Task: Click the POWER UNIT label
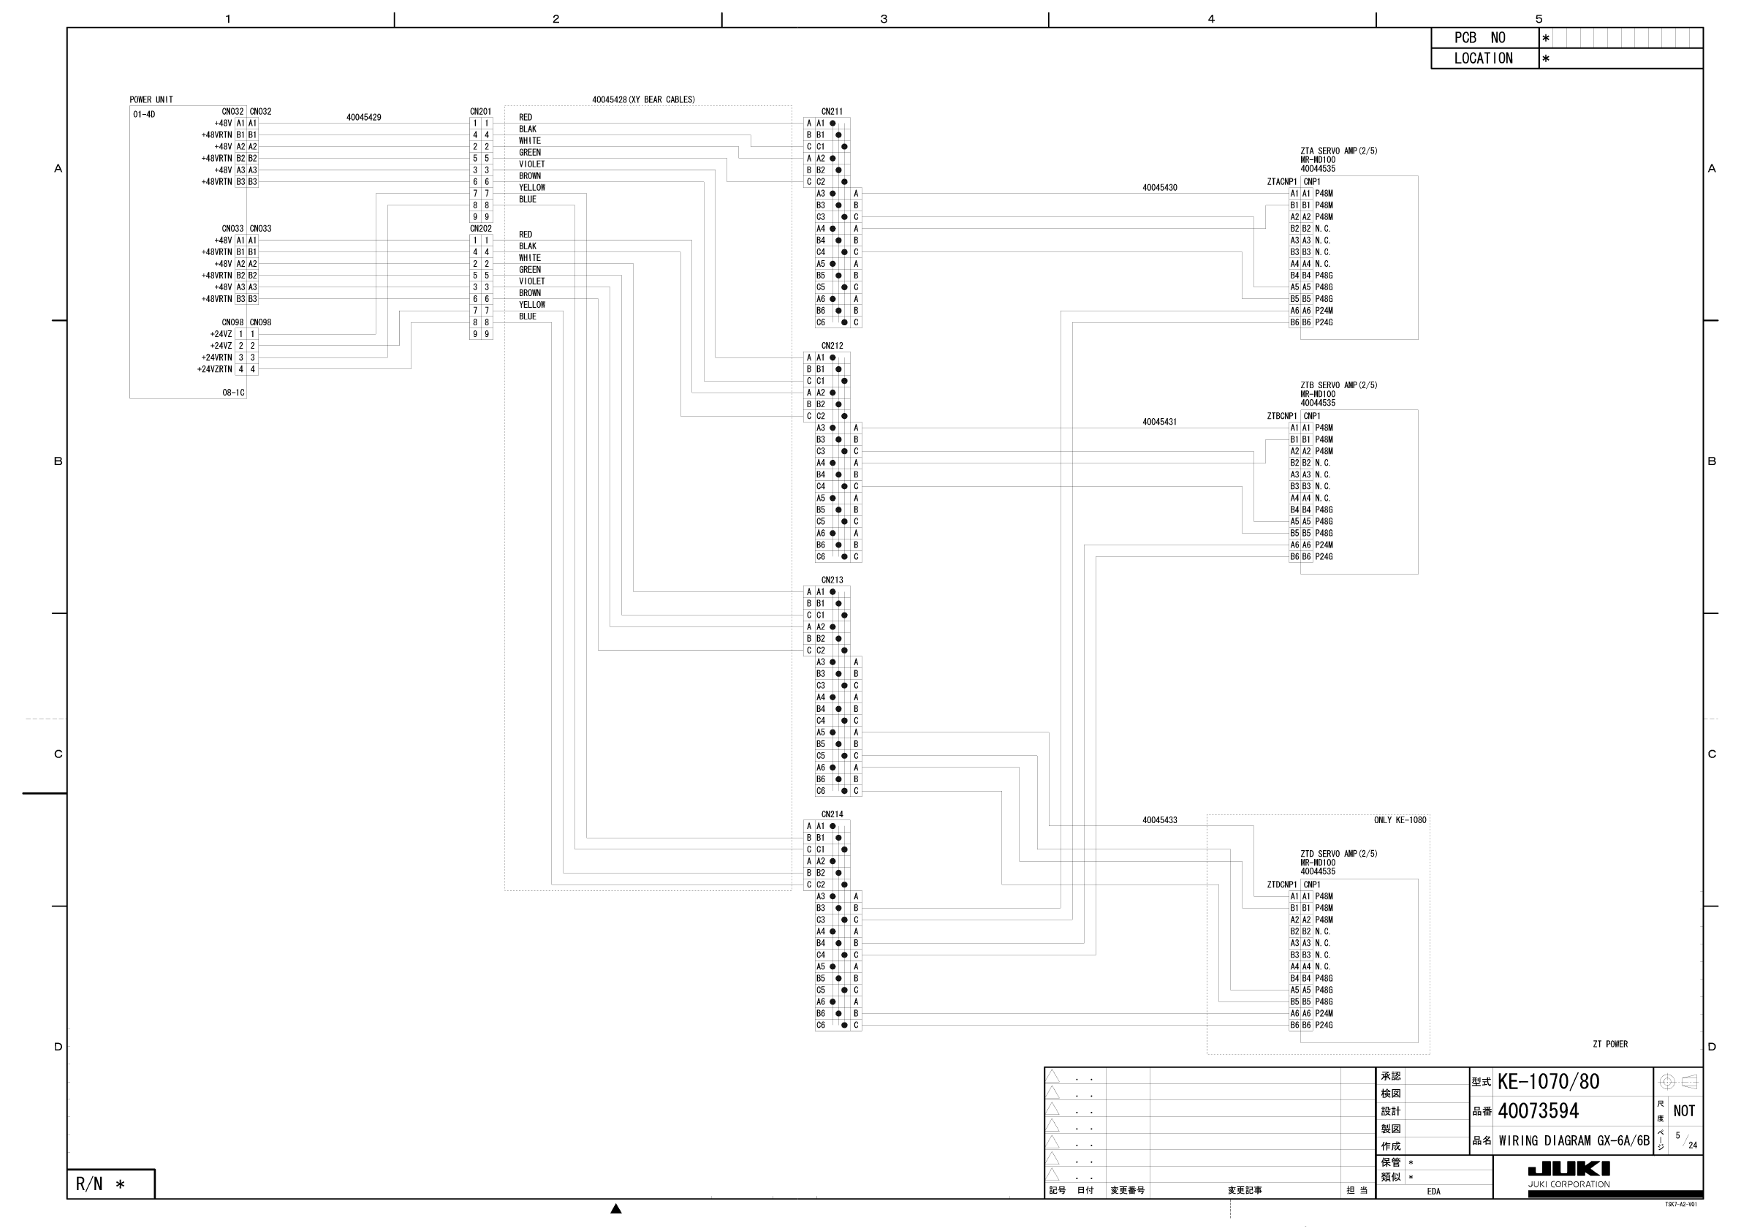(x=151, y=99)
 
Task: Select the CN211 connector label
(x=831, y=112)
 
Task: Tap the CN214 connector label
(x=831, y=814)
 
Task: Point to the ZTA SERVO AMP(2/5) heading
(x=1338, y=151)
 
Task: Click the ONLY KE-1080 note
(x=1400, y=820)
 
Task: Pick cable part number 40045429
(x=363, y=118)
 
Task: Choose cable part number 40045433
(x=1159, y=820)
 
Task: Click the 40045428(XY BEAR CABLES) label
(x=643, y=99)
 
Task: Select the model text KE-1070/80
(x=1547, y=1082)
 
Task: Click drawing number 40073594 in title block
(x=1538, y=1111)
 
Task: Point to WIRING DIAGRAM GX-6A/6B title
(x=1574, y=1141)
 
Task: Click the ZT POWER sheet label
(x=1610, y=1045)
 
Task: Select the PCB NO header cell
(x=1484, y=38)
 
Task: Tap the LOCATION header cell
(x=1483, y=58)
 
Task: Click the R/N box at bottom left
(x=110, y=1184)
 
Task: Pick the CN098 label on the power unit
(x=232, y=322)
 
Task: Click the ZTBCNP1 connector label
(x=1281, y=417)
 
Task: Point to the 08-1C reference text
(x=232, y=393)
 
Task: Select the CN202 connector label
(x=480, y=228)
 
